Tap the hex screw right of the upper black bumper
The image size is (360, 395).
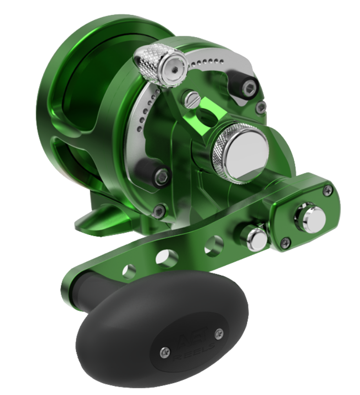(x=261, y=107)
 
